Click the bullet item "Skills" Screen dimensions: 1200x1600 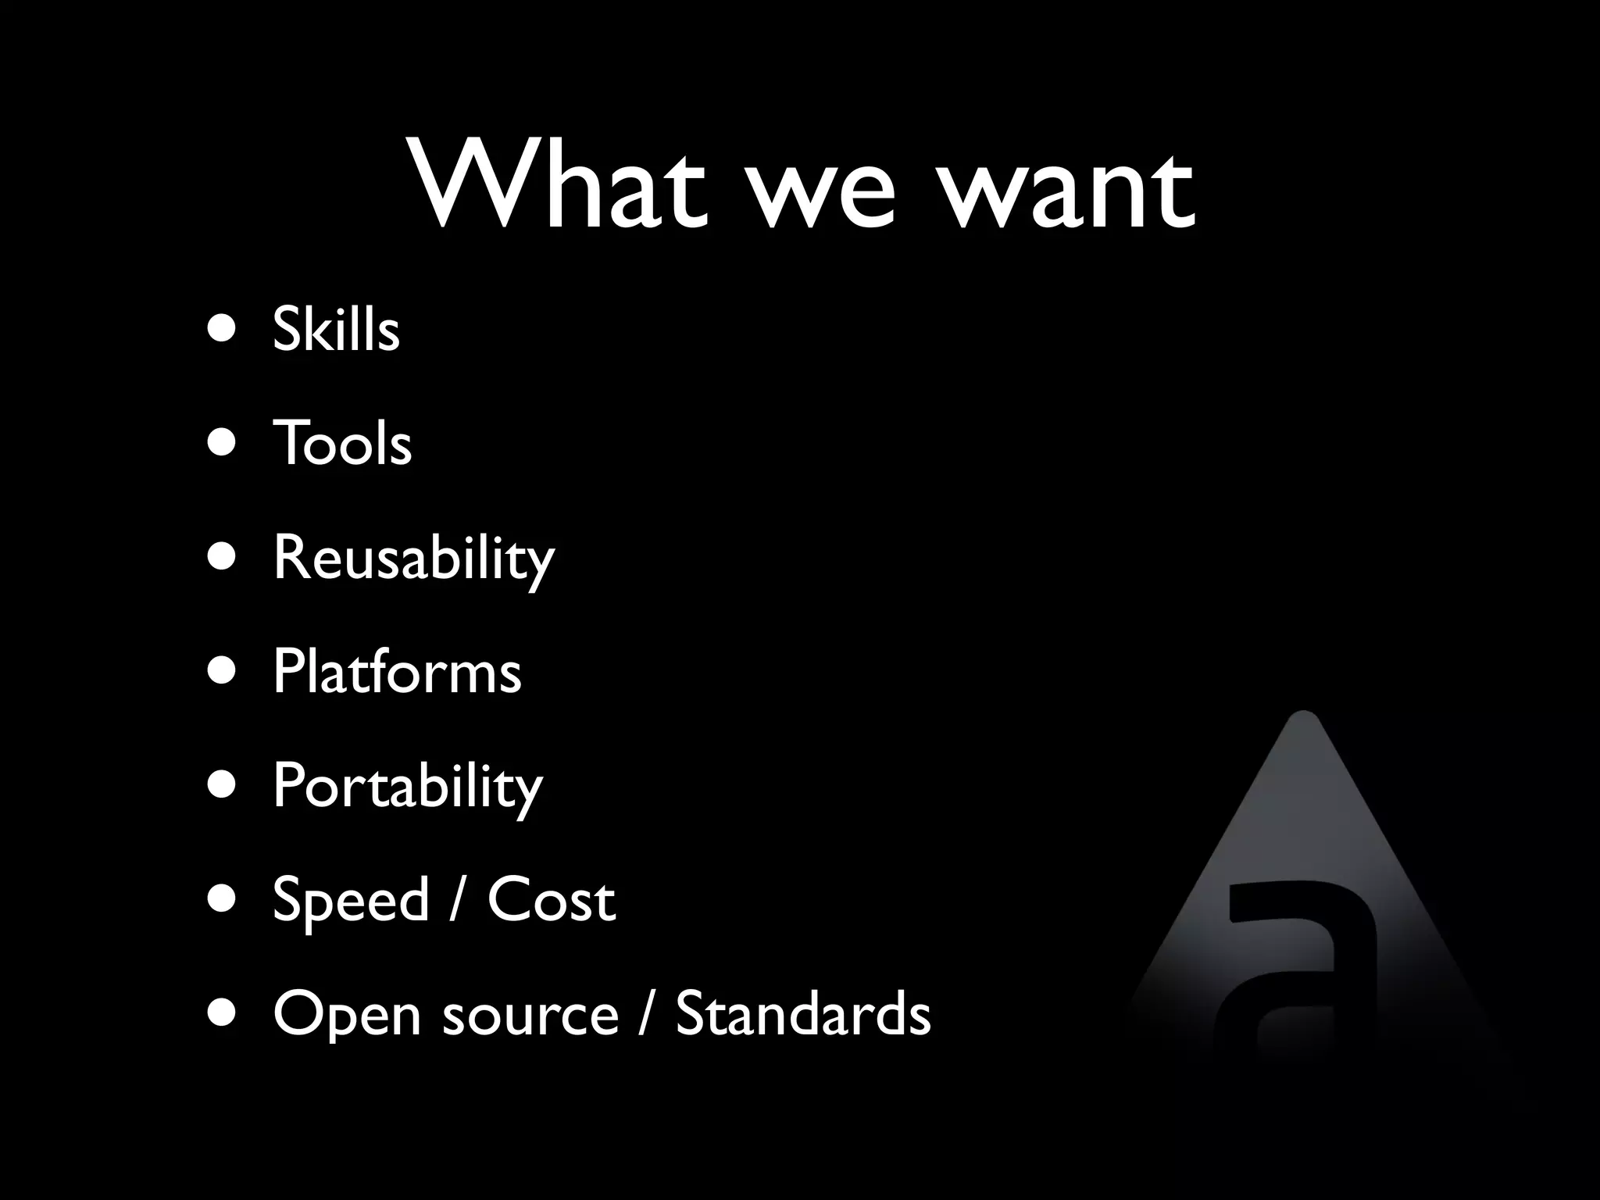pos(336,329)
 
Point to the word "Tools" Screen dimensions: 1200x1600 pos(342,442)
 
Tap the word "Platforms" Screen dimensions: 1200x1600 pos(397,671)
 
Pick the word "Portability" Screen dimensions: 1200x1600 pos(407,786)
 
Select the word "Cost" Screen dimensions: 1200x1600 pos(552,899)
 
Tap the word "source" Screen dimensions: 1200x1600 pos(530,1016)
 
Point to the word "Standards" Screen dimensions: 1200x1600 pos(802,1013)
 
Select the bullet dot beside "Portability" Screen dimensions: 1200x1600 pos(223,785)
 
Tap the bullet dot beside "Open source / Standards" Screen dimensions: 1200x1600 pos(223,1013)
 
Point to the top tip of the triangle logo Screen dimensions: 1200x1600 pos(1302,716)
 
